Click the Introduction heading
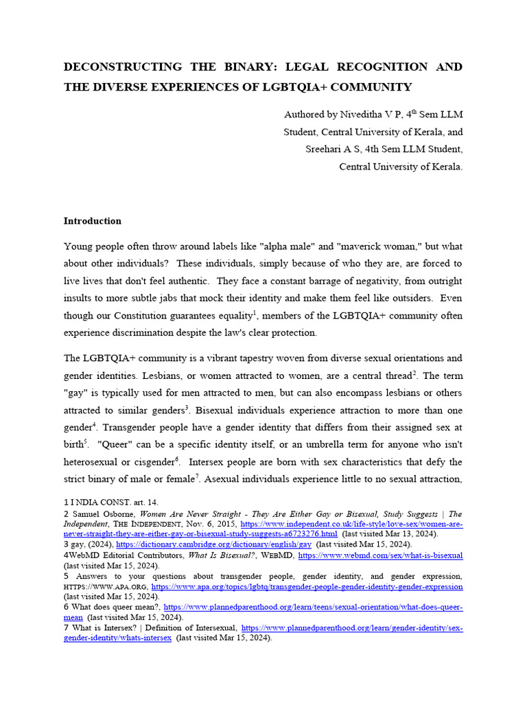93,221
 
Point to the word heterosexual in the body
93,461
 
